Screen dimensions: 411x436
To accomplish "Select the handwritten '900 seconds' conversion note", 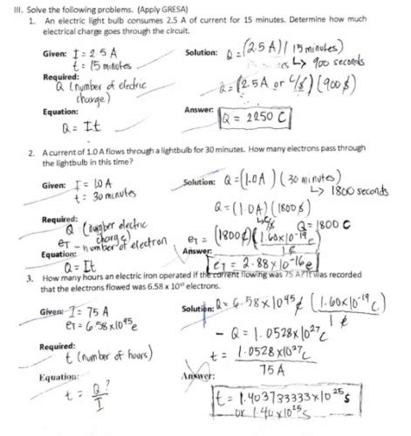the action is pyautogui.click(x=360, y=63).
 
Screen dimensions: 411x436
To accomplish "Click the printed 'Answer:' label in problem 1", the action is pyautogui.click(x=200, y=110).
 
